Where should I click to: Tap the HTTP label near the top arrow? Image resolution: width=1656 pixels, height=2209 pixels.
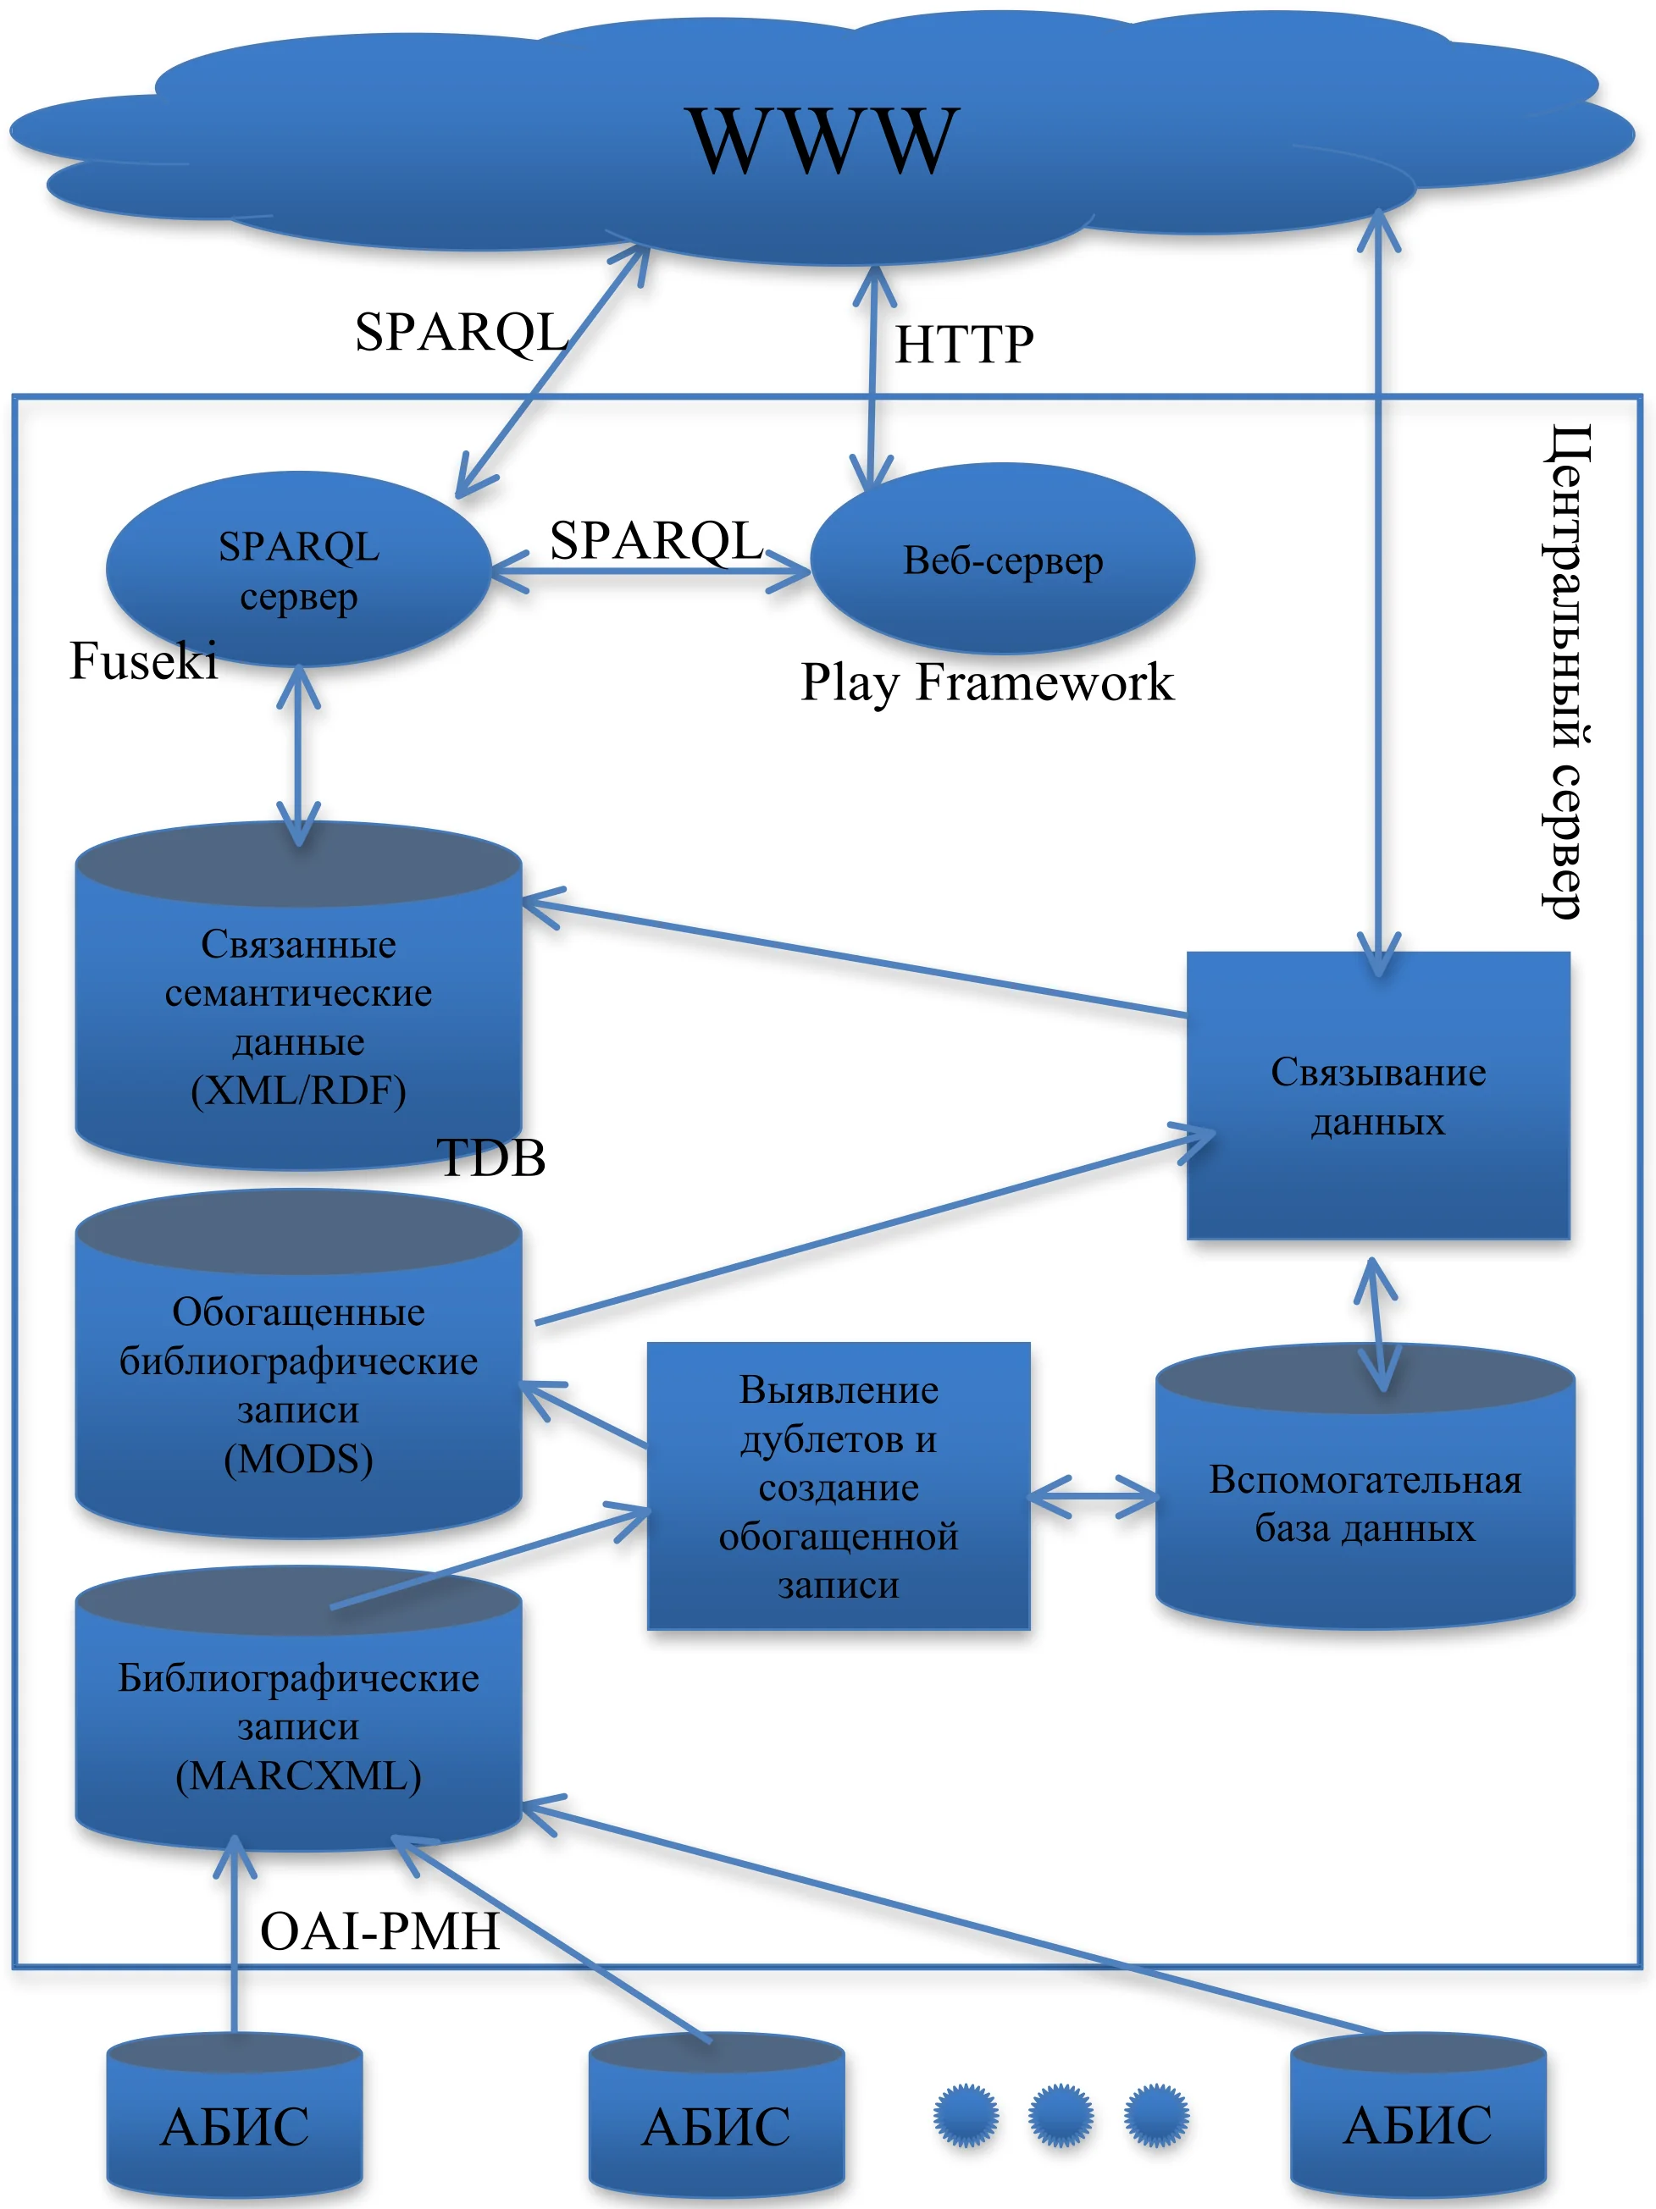(963, 345)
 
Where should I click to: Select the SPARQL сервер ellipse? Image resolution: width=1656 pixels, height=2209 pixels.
(297, 569)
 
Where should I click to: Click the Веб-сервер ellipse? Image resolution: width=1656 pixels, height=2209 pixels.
(1002, 560)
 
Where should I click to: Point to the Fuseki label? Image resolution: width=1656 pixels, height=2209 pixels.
(143, 661)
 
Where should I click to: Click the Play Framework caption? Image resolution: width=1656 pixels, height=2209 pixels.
(986, 683)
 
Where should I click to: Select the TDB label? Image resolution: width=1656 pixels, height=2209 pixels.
(491, 1158)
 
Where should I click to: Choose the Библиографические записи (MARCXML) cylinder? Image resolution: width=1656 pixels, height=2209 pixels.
(297, 1727)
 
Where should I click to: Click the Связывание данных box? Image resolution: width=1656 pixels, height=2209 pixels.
(1377, 1096)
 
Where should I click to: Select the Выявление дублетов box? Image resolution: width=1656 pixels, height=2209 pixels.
(838, 1486)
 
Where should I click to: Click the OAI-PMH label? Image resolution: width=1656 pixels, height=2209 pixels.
(379, 1930)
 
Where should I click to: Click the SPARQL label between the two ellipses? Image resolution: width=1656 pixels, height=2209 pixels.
(656, 540)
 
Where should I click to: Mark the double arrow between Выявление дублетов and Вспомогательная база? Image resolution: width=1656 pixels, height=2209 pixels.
(1093, 1496)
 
